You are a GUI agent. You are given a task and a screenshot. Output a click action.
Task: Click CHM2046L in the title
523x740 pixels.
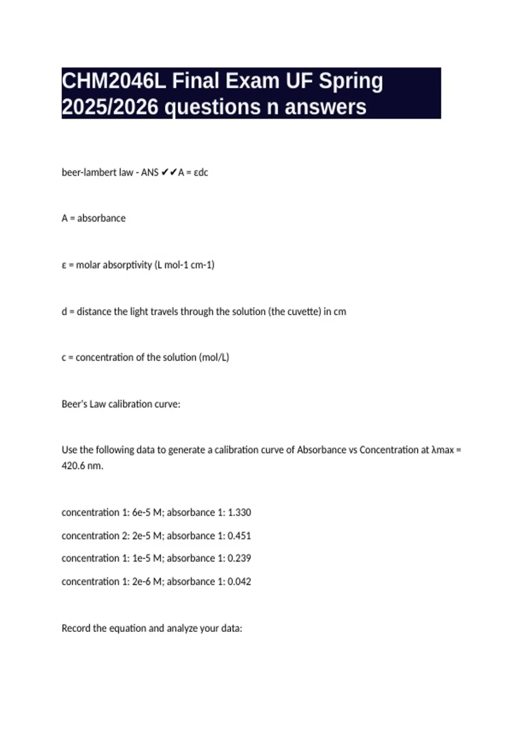pos(113,81)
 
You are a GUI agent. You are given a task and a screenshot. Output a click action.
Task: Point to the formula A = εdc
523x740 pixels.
pos(193,173)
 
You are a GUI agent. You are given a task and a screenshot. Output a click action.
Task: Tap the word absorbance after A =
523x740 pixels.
pos(101,219)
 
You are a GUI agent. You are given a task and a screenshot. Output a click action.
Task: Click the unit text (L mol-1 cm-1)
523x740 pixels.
pos(184,265)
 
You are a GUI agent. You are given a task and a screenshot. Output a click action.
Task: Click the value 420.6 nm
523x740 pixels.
pos(82,466)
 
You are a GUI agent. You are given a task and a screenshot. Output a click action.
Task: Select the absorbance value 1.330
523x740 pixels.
pos(239,513)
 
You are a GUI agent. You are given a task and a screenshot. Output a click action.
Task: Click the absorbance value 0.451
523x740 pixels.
pos(239,536)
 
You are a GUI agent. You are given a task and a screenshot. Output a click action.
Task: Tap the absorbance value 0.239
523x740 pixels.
pos(239,558)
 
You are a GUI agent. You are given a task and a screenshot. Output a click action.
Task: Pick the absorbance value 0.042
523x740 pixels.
pos(239,582)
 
